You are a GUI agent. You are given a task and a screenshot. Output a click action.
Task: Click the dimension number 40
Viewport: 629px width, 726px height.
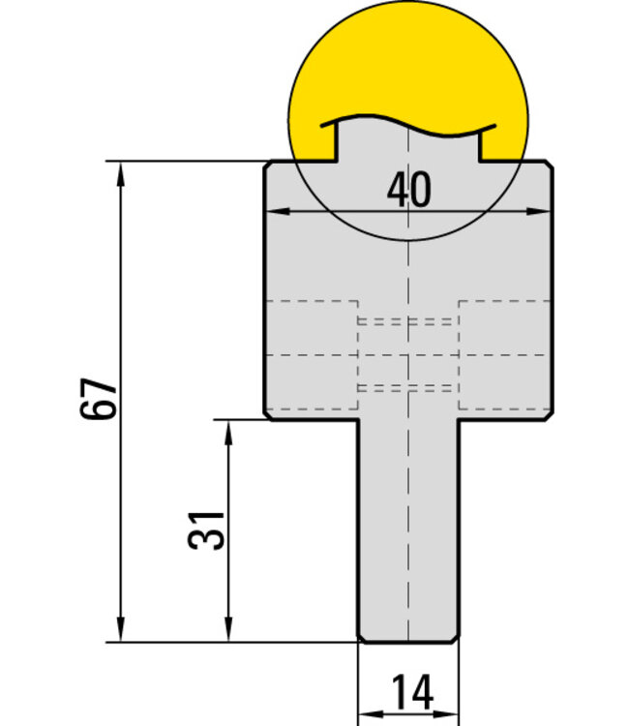click(408, 190)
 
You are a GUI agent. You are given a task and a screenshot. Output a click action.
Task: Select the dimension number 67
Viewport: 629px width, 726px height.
click(99, 399)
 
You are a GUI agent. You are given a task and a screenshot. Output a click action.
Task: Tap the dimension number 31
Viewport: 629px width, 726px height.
click(206, 530)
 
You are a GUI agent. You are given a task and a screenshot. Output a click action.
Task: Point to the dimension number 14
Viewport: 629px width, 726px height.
click(412, 693)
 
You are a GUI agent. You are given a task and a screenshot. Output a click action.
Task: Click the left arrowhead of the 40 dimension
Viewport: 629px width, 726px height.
click(279, 212)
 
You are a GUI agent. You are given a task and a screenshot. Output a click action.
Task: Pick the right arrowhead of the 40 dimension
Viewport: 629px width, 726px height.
click(538, 212)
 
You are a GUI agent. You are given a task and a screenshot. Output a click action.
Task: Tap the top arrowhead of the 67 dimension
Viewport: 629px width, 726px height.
click(121, 173)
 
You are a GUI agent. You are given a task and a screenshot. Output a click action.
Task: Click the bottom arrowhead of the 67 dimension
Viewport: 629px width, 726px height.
click(121, 630)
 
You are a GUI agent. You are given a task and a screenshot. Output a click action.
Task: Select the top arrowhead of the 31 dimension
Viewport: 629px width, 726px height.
click(228, 433)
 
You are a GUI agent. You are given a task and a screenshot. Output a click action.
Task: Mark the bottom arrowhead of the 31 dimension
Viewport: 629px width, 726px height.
click(228, 630)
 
